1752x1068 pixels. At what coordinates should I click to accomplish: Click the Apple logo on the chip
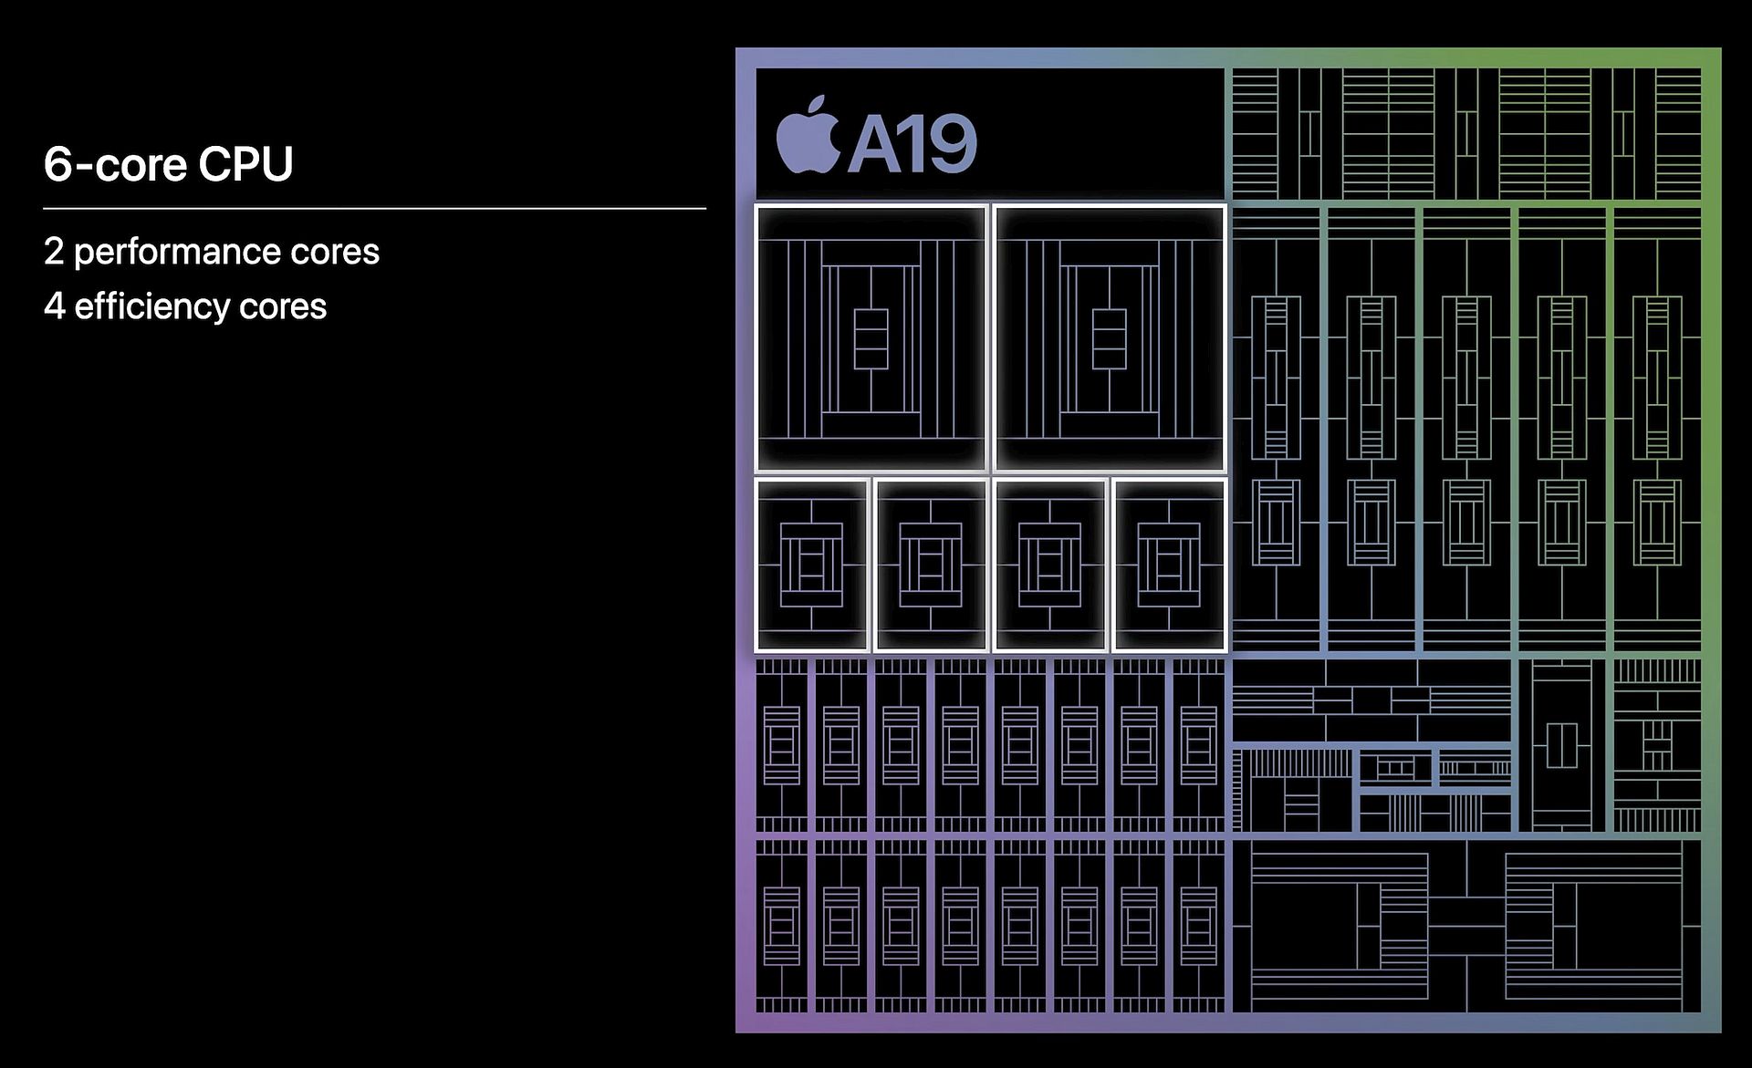808,139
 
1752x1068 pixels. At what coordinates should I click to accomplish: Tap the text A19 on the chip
912,144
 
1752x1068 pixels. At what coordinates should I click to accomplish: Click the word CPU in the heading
245,164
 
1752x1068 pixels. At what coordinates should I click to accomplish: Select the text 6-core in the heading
115,164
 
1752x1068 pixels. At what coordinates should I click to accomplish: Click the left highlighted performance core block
871,337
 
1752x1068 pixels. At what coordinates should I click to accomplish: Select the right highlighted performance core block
1110,337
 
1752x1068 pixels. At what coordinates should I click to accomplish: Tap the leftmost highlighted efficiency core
811,565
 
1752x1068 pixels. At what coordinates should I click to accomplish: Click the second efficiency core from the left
931,565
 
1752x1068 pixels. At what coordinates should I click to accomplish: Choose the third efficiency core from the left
1049,565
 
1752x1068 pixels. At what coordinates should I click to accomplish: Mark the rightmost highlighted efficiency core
1169,565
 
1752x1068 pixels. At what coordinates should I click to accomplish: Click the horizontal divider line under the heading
374,209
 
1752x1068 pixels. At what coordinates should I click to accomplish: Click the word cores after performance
334,253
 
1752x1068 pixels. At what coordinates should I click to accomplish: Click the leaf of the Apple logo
818,104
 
